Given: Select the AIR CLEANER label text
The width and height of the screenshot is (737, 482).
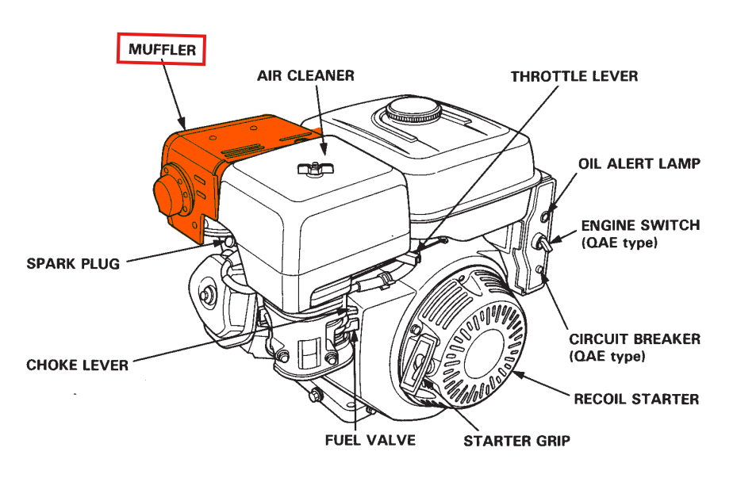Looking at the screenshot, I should click(305, 76).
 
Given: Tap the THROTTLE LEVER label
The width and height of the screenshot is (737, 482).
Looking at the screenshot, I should click(574, 77).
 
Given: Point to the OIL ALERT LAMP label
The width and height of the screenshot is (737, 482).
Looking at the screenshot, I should click(639, 164).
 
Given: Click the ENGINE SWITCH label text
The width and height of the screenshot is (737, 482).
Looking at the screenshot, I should click(640, 226).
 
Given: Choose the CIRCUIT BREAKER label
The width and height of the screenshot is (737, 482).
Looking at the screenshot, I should click(635, 339).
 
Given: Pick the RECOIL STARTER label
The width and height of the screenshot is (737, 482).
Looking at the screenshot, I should click(636, 399).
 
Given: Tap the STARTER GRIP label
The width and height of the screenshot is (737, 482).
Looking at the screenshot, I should click(516, 441).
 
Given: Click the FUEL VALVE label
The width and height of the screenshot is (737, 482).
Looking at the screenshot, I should click(370, 439).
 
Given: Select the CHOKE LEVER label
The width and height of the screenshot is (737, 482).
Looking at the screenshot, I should click(77, 365).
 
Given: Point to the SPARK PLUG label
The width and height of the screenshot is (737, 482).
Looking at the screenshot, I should click(73, 263).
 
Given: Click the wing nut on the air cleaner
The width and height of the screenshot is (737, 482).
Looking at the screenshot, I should click(311, 167).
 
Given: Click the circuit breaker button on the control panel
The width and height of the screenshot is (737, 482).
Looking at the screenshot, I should click(539, 271).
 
